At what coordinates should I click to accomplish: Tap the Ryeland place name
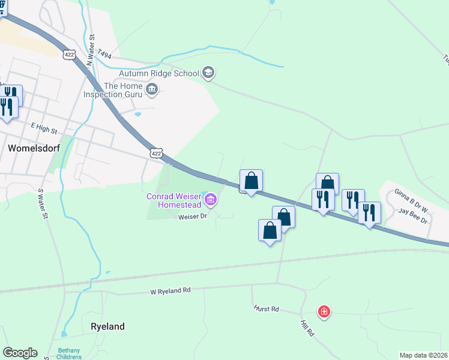[x=107, y=326]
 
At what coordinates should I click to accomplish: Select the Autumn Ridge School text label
[x=159, y=73]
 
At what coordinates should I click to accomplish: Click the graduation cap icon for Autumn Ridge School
[x=208, y=73]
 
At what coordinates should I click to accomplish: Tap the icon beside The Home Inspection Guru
[x=152, y=91]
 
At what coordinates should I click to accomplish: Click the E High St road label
[x=44, y=129]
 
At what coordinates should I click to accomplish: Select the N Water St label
[x=91, y=50]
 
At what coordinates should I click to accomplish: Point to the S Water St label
[x=43, y=205]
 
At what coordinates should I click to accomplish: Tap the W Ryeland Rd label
[x=170, y=290]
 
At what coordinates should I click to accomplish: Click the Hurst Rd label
[x=267, y=309]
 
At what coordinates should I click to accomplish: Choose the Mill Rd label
[x=307, y=328]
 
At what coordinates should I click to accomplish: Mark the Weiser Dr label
[x=192, y=217]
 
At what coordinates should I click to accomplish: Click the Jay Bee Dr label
[x=414, y=216]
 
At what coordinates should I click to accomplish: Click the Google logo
[x=20, y=353]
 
